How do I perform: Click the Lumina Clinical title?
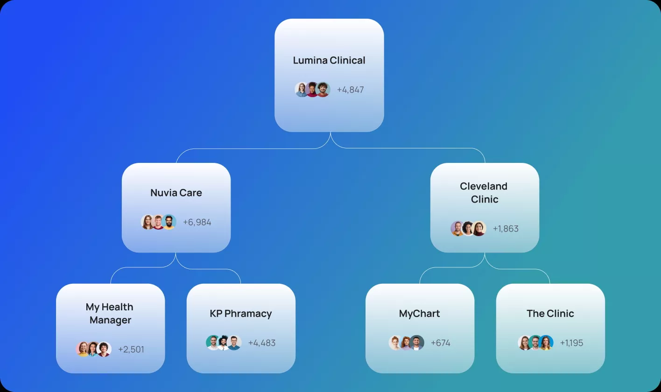click(329, 60)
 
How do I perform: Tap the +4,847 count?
click(350, 90)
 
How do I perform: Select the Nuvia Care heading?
click(176, 193)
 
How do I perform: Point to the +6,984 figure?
click(197, 222)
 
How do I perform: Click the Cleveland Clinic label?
click(484, 193)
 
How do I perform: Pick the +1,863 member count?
click(506, 229)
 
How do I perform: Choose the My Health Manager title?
click(110, 314)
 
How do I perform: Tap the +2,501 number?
click(131, 349)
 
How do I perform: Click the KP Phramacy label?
click(240, 314)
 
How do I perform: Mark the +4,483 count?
click(262, 343)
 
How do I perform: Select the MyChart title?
click(419, 314)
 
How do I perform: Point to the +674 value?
click(440, 343)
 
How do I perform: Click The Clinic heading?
click(550, 314)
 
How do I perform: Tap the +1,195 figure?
click(571, 343)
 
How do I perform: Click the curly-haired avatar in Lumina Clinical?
click(323, 90)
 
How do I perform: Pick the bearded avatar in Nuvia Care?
click(169, 222)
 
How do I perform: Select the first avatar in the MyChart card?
click(396, 343)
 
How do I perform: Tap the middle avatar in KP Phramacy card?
click(224, 343)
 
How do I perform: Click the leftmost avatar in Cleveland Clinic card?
click(457, 229)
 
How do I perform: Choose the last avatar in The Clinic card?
click(546, 343)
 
